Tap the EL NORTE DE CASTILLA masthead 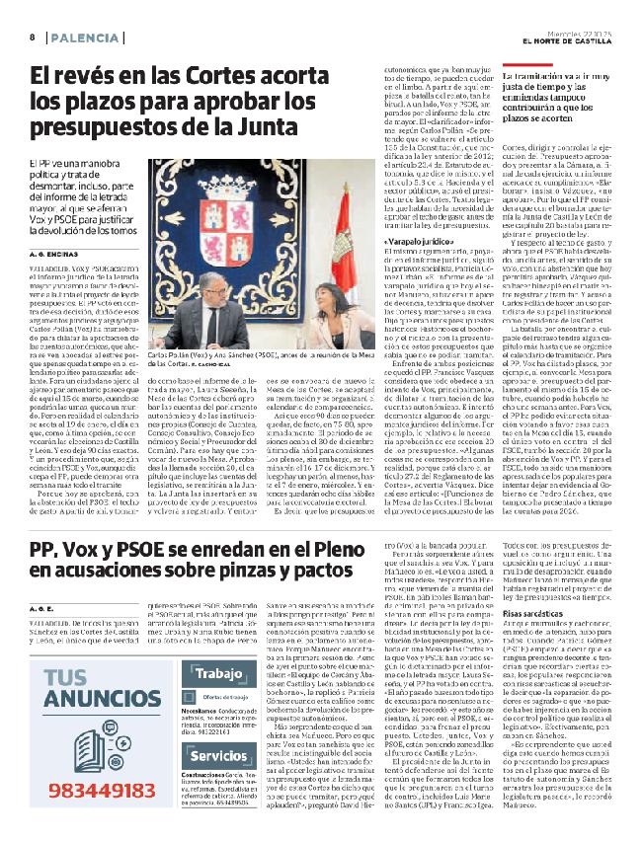pyautogui.click(x=573, y=41)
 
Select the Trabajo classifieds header pyautogui.click(x=218, y=648)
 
